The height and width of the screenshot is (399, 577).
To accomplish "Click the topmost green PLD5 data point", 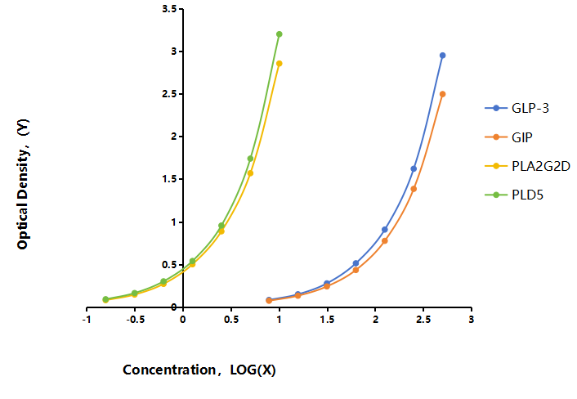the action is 280,34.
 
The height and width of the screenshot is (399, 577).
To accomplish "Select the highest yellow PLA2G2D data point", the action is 280,64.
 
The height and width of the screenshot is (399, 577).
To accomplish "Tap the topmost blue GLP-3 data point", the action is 443,56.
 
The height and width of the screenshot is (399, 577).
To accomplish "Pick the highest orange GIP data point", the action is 443,94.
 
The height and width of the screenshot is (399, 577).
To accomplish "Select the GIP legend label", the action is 522,137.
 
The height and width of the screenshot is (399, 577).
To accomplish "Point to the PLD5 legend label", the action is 527,195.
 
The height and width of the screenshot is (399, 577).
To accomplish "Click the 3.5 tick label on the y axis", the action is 170,9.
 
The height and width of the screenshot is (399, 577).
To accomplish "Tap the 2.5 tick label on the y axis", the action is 170,94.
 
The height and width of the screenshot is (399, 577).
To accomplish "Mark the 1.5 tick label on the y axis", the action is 170,179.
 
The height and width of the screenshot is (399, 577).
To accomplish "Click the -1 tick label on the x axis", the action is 87,319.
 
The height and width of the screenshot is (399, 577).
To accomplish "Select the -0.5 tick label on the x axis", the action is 135,319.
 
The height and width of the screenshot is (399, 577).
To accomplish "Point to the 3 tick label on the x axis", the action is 472,319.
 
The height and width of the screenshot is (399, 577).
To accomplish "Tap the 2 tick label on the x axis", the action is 375,319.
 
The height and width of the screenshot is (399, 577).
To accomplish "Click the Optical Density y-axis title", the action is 23,184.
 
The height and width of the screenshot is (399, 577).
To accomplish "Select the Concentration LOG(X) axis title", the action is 199,370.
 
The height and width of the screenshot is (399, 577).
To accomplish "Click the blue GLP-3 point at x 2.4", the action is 414,168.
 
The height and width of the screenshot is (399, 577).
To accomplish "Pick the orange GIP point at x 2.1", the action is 385,241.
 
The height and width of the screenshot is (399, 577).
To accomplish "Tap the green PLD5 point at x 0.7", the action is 251,159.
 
